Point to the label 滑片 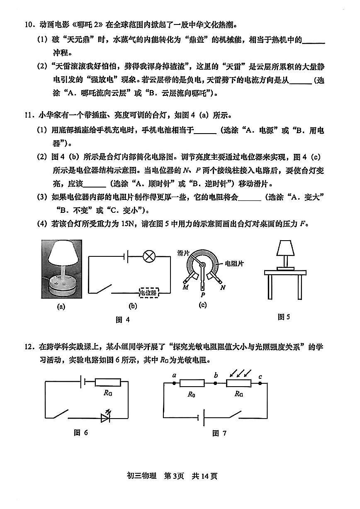(x=183, y=253)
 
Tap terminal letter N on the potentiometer (x=223, y=287)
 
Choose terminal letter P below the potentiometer (x=202, y=295)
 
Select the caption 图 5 (x=284, y=317)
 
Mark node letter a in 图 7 (x=175, y=376)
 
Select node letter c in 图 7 (x=260, y=377)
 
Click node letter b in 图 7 (x=216, y=376)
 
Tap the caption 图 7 (x=219, y=434)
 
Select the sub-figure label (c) (x=203, y=306)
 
